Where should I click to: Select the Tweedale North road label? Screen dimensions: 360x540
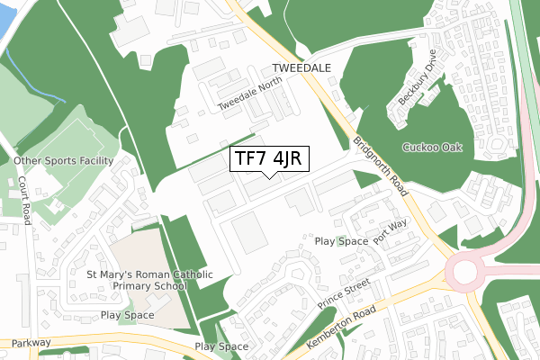[250, 94]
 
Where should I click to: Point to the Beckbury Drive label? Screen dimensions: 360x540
[418, 85]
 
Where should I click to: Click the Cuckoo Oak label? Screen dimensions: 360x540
[433, 148]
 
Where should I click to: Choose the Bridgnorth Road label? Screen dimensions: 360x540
[382, 166]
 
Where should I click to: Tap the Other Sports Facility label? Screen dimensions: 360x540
[63, 161]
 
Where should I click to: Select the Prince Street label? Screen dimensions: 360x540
[344, 291]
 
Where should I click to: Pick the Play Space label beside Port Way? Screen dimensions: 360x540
[341, 241]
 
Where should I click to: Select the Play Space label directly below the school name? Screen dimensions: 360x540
[128, 315]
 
